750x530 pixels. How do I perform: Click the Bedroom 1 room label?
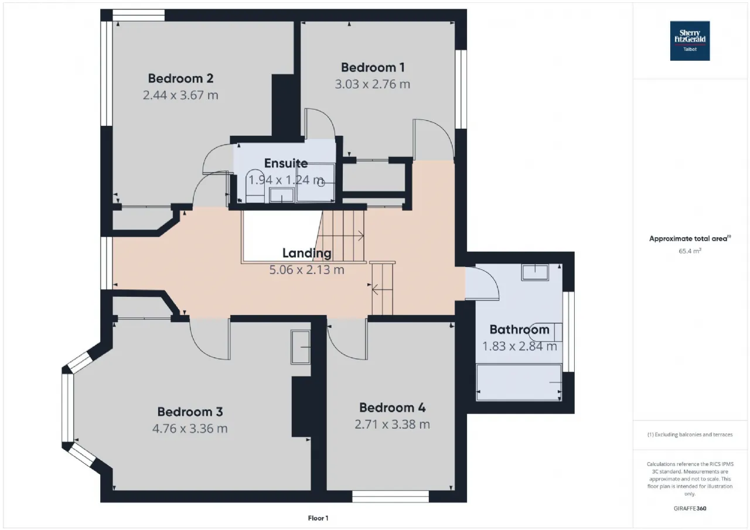tap(373, 67)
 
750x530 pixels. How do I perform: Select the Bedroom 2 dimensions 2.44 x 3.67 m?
tap(180, 95)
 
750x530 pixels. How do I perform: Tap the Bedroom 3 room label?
tap(190, 412)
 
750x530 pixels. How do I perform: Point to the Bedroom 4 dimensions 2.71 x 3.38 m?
tap(392, 425)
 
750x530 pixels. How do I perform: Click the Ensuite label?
tap(286, 163)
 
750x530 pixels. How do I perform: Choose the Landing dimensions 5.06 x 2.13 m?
tap(306, 269)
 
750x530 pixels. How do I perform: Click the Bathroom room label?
tap(519, 330)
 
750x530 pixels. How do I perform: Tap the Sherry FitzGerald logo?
tap(690, 41)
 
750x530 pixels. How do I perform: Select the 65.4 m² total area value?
tap(690, 251)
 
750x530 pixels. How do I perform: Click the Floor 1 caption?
tap(318, 518)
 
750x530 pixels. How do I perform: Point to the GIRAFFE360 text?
tap(690, 508)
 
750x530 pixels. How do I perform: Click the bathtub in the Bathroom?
tap(519, 382)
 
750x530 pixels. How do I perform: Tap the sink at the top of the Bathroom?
tap(535, 272)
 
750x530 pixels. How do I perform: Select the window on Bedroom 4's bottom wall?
tap(390, 497)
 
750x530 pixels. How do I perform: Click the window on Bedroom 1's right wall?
tap(461, 90)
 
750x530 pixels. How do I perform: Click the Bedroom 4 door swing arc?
tap(342, 348)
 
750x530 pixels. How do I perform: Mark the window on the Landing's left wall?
tap(107, 263)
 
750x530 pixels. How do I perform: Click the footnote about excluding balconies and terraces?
tap(690, 435)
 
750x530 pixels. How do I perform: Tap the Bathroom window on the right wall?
tap(568, 331)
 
